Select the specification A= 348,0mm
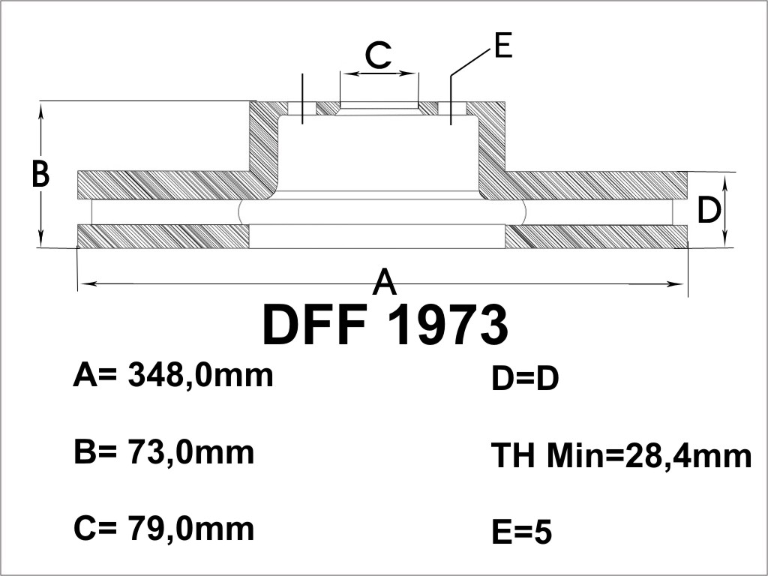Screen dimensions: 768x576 point(173,376)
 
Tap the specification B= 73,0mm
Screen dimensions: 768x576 point(164,452)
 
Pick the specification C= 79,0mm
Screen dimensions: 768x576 point(164,529)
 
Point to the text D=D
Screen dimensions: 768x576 point(525,379)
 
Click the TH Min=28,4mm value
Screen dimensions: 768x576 point(622,455)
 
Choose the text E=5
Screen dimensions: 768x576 point(522,532)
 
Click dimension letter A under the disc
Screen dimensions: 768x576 point(384,281)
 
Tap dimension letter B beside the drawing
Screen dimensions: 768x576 point(40,173)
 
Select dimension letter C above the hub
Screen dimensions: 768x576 point(379,55)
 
